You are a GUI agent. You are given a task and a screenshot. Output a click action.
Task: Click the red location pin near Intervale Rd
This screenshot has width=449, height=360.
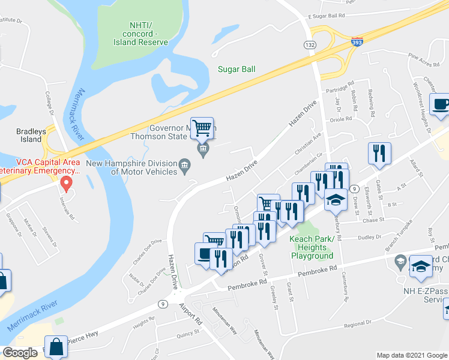(67, 182)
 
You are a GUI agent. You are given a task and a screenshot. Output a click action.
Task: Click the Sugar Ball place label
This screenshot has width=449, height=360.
(237, 70)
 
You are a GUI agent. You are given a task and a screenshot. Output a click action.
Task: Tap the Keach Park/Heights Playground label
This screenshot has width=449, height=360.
(312, 247)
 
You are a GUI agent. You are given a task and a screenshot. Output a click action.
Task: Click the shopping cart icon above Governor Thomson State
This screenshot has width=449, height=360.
(202, 127)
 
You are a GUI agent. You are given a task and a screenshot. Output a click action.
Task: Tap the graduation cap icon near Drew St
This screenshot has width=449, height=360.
(336, 200)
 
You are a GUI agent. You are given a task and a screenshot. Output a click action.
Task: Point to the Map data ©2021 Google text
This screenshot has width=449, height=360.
(411, 355)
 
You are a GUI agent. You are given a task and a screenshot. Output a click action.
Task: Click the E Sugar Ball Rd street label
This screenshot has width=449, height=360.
(327, 16)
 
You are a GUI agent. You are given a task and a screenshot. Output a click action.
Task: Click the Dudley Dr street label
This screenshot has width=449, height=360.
(366, 237)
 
